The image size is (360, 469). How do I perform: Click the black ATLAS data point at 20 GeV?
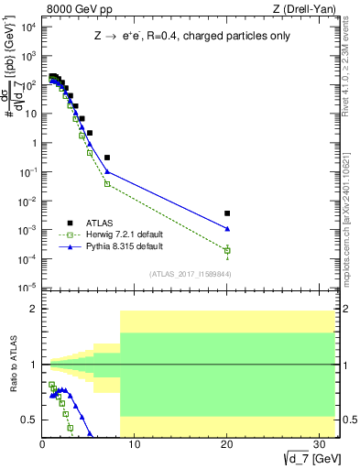[227, 213]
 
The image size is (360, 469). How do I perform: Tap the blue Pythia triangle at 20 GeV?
[227, 229]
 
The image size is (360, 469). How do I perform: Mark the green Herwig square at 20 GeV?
[227, 250]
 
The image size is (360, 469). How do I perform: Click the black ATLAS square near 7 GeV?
[107, 158]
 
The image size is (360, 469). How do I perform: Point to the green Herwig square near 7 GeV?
[107, 183]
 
